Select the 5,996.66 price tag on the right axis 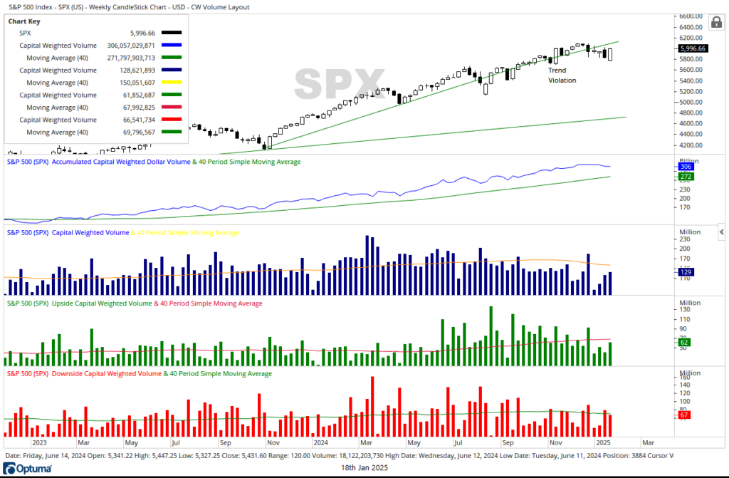[691, 48]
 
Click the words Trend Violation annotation [562, 76]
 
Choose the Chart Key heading [24, 21]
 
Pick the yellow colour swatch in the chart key [172, 82]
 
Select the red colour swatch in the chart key [172, 120]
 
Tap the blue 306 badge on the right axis [686, 165]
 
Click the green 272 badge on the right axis [686, 176]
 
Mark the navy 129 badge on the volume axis [686, 272]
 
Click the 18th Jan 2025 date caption [364, 467]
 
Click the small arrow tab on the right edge [722, 232]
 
